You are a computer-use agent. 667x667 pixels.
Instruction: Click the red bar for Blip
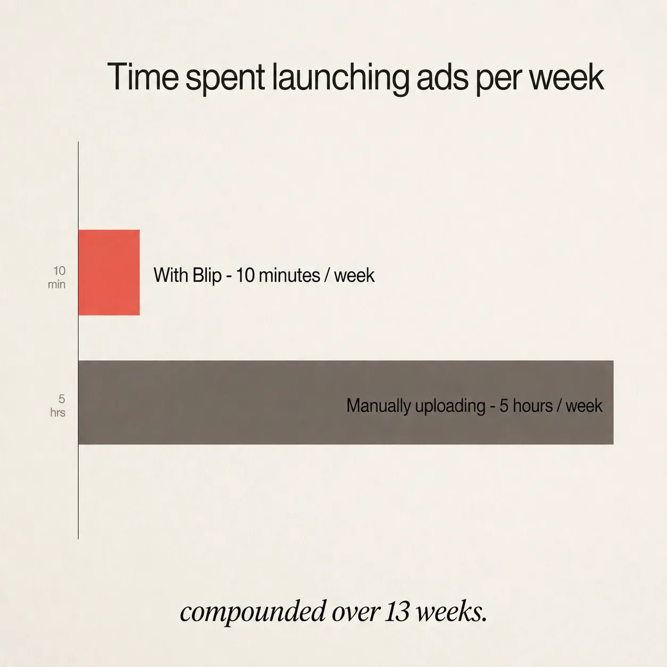(109, 272)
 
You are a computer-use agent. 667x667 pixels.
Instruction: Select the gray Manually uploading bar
(346, 402)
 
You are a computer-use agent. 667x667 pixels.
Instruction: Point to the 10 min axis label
(57, 277)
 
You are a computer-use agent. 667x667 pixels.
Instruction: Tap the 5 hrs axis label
(58, 406)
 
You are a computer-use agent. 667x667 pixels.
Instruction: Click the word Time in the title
(143, 77)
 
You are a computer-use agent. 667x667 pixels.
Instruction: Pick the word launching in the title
(340, 79)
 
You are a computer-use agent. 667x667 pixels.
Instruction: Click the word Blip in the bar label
(206, 276)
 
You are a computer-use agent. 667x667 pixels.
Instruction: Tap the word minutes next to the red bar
(289, 276)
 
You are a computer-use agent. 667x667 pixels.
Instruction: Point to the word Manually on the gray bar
(378, 406)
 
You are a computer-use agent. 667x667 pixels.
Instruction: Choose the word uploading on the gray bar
(450, 406)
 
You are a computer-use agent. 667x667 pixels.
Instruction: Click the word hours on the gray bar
(533, 405)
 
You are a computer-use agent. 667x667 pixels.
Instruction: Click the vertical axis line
(78, 340)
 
